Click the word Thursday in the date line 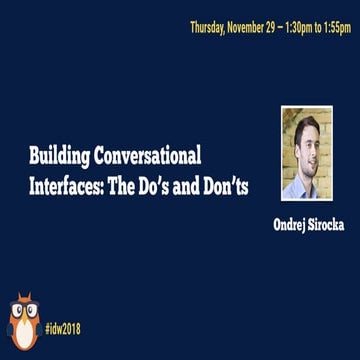pyautogui.click(x=208, y=27)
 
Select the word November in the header pyautogui.click(x=247, y=27)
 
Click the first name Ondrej pyautogui.click(x=293, y=225)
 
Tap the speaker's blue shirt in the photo pyautogui.click(x=306, y=188)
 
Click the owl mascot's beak pyautogui.click(x=23, y=317)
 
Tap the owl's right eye pyautogui.click(x=30, y=309)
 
